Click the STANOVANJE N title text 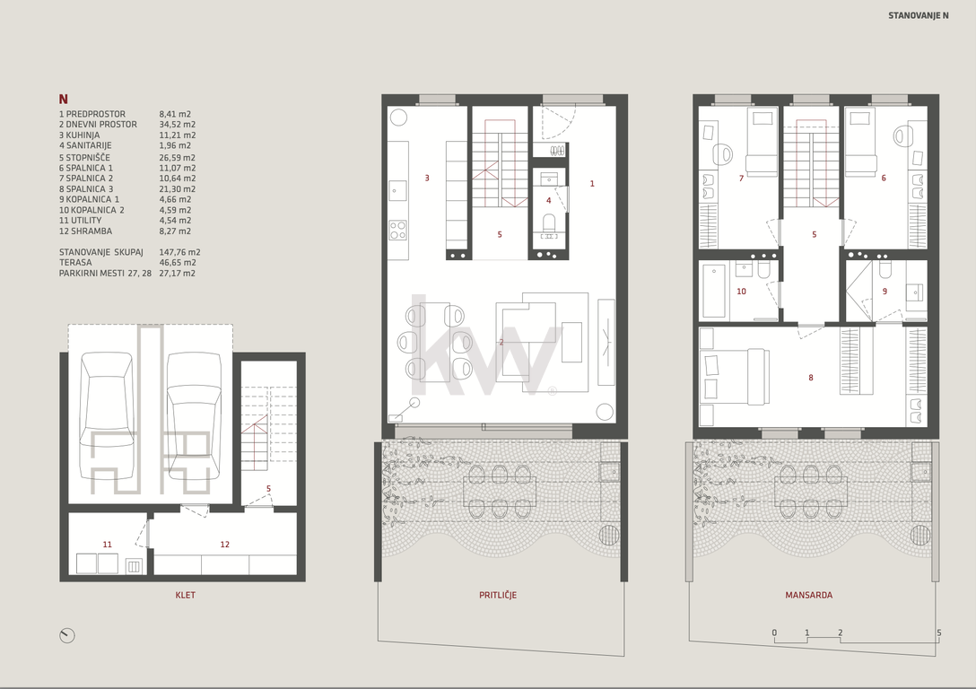[918, 15]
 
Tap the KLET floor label [186, 595]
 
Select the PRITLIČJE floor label [498, 595]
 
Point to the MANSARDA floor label [808, 595]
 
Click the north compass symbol [66, 635]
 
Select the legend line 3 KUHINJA [80, 135]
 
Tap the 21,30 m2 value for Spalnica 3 [178, 188]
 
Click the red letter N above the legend [64, 99]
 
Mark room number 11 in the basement [107, 544]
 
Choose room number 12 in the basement [224, 544]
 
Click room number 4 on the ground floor [548, 200]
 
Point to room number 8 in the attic [810, 377]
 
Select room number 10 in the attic [741, 292]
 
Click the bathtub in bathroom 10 [714, 291]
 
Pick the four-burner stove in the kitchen [398, 231]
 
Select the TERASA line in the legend [127, 263]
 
